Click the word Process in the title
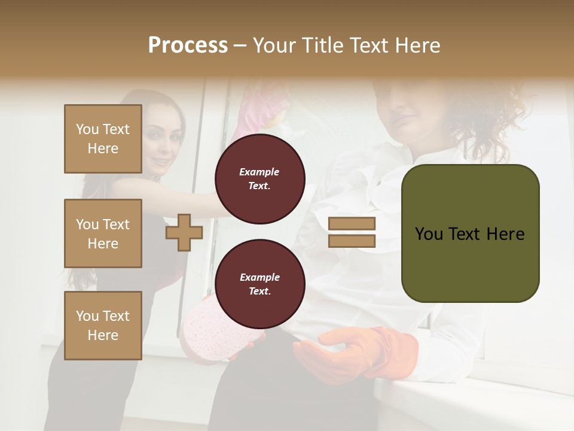coord(188,45)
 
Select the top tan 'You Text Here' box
coord(103,139)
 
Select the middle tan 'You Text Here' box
coord(103,233)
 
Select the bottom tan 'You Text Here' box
coord(103,325)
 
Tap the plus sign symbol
coord(184,232)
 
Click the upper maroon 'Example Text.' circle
coord(260,179)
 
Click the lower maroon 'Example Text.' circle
coord(260,284)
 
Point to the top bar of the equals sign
coord(352,223)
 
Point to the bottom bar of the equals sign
coord(352,241)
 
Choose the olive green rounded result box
coord(470,233)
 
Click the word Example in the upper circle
coord(259,172)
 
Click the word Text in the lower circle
coord(259,292)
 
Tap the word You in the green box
coord(429,234)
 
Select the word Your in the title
coord(274,45)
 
